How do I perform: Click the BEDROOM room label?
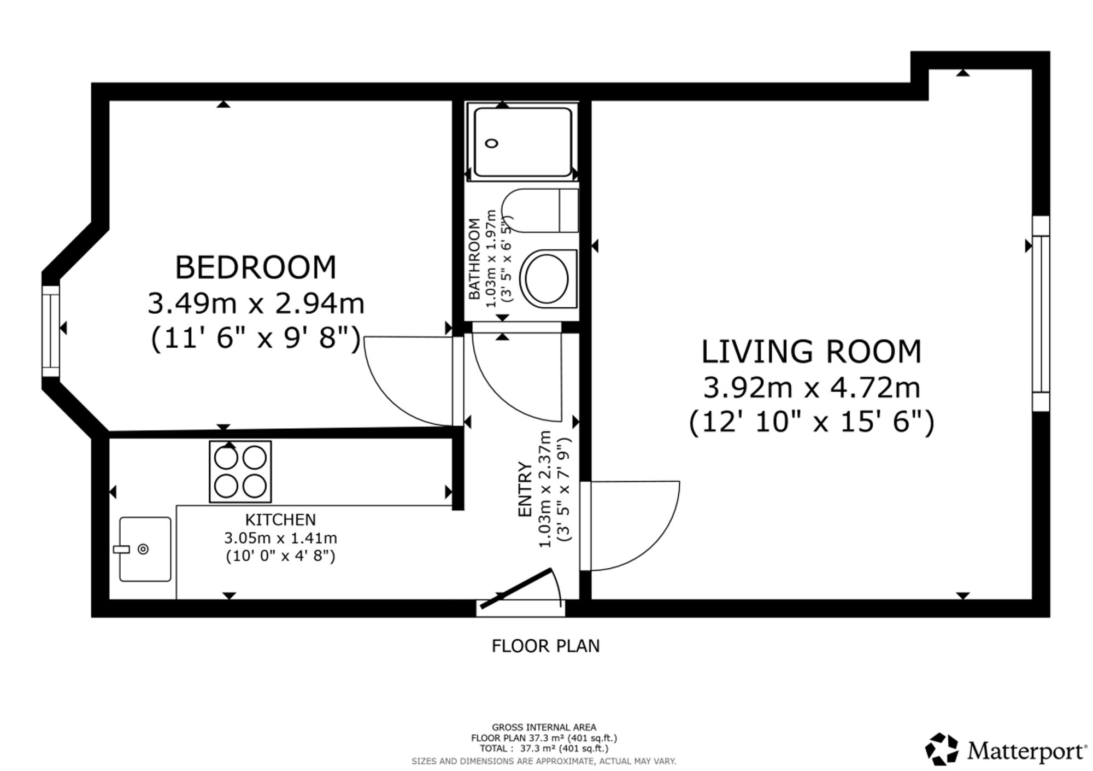255,267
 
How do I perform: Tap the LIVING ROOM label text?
812,352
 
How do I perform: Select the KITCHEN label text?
280,519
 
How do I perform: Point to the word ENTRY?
525,489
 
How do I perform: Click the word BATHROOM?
474,259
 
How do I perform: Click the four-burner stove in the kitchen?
240,471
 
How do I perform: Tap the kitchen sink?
145,549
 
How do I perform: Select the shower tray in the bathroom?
523,142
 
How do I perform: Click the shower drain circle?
492,143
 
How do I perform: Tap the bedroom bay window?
51,331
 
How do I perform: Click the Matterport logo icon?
942,749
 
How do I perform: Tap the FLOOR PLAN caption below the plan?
545,646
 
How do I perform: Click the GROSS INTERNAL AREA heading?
544,727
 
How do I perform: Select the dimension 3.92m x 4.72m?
812,388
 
